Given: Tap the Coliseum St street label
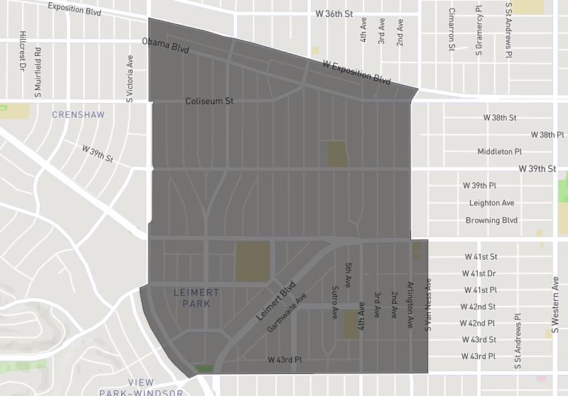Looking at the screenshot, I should pyautogui.click(x=209, y=101).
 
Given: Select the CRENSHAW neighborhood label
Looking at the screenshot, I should pyautogui.click(x=78, y=115).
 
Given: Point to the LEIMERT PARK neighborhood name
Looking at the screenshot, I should pyautogui.click(x=197, y=298).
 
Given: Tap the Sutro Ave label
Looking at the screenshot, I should pyautogui.click(x=334, y=303).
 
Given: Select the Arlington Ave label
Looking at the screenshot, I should pyautogui.click(x=410, y=304).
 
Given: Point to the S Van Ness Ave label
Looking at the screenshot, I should pyautogui.click(x=428, y=304).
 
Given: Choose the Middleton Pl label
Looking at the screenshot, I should pyautogui.click(x=499, y=151).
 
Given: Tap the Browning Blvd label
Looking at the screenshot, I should pyautogui.click(x=491, y=220).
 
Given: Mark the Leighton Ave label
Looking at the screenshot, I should pyautogui.click(x=491, y=203).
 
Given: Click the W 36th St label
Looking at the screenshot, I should pyautogui.click(x=335, y=14).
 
